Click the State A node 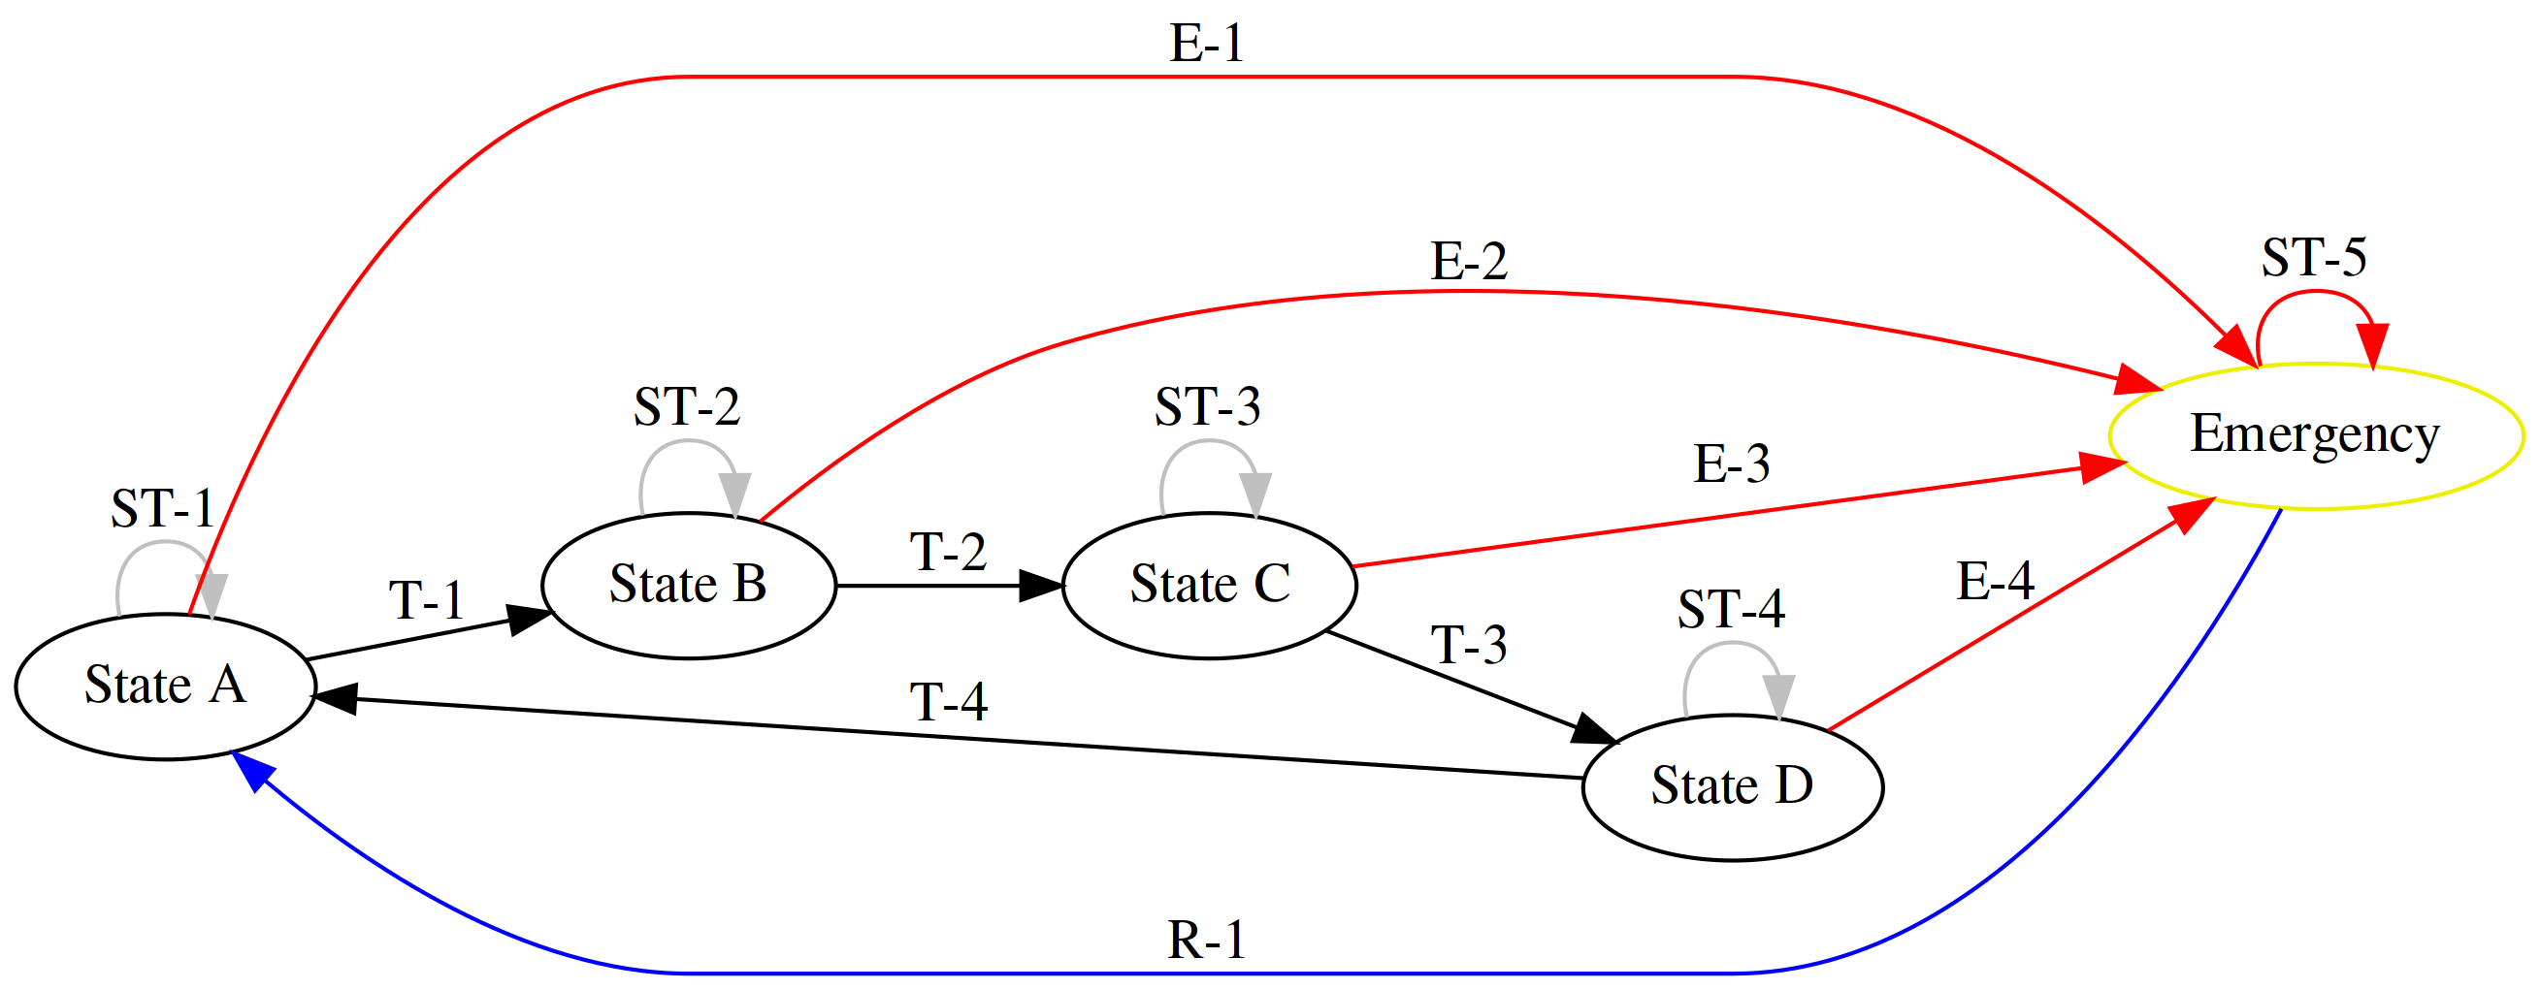(165, 687)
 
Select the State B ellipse (689, 585)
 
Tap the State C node (1209, 585)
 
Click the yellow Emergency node (2315, 434)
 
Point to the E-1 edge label (1207, 45)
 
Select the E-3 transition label (1731, 463)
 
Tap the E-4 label (1995, 581)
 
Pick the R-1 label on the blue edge (1207, 941)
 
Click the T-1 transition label (426, 600)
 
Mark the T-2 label (948, 552)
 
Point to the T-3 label (1469, 646)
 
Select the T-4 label (948, 703)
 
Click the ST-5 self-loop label (2314, 258)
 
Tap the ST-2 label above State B (687, 407)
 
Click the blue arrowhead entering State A (249, 770)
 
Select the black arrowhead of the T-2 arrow (1041, 586)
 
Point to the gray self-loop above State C (1207, 446)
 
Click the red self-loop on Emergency (2314, 294)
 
